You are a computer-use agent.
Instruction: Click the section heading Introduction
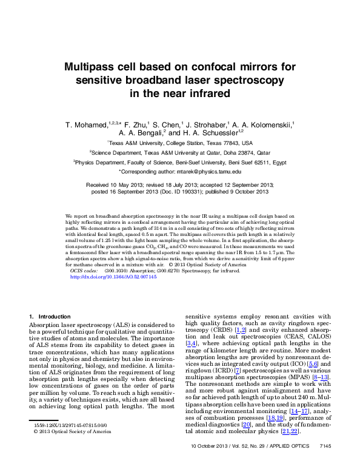point(55,317)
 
